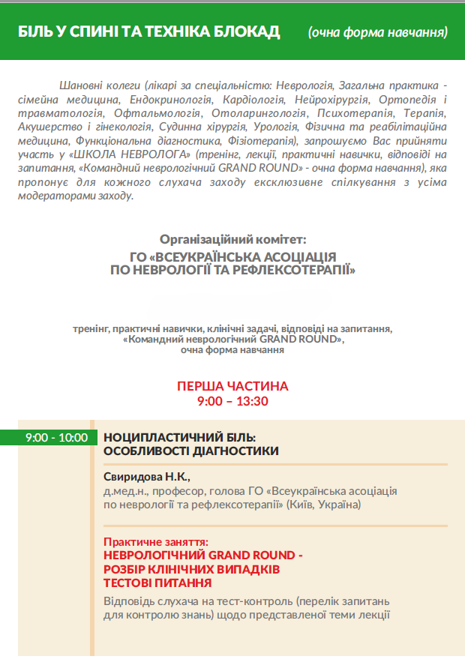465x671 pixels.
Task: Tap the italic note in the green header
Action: click(378, 31)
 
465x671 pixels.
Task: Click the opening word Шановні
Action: click(81, 85)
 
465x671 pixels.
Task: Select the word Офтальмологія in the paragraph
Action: click(160, 113)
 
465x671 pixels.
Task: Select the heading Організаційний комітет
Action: click(232, 239)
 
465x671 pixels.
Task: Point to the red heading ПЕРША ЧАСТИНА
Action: click(232, 386)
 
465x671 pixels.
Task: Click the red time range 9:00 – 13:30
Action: click(232, 401)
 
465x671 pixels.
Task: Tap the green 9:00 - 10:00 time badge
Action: click(56, 438)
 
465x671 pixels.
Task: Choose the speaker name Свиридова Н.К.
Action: click(148, 477)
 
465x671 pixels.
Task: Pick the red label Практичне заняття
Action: click(156, 541)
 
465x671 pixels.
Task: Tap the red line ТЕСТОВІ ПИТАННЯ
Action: click(157, 583)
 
